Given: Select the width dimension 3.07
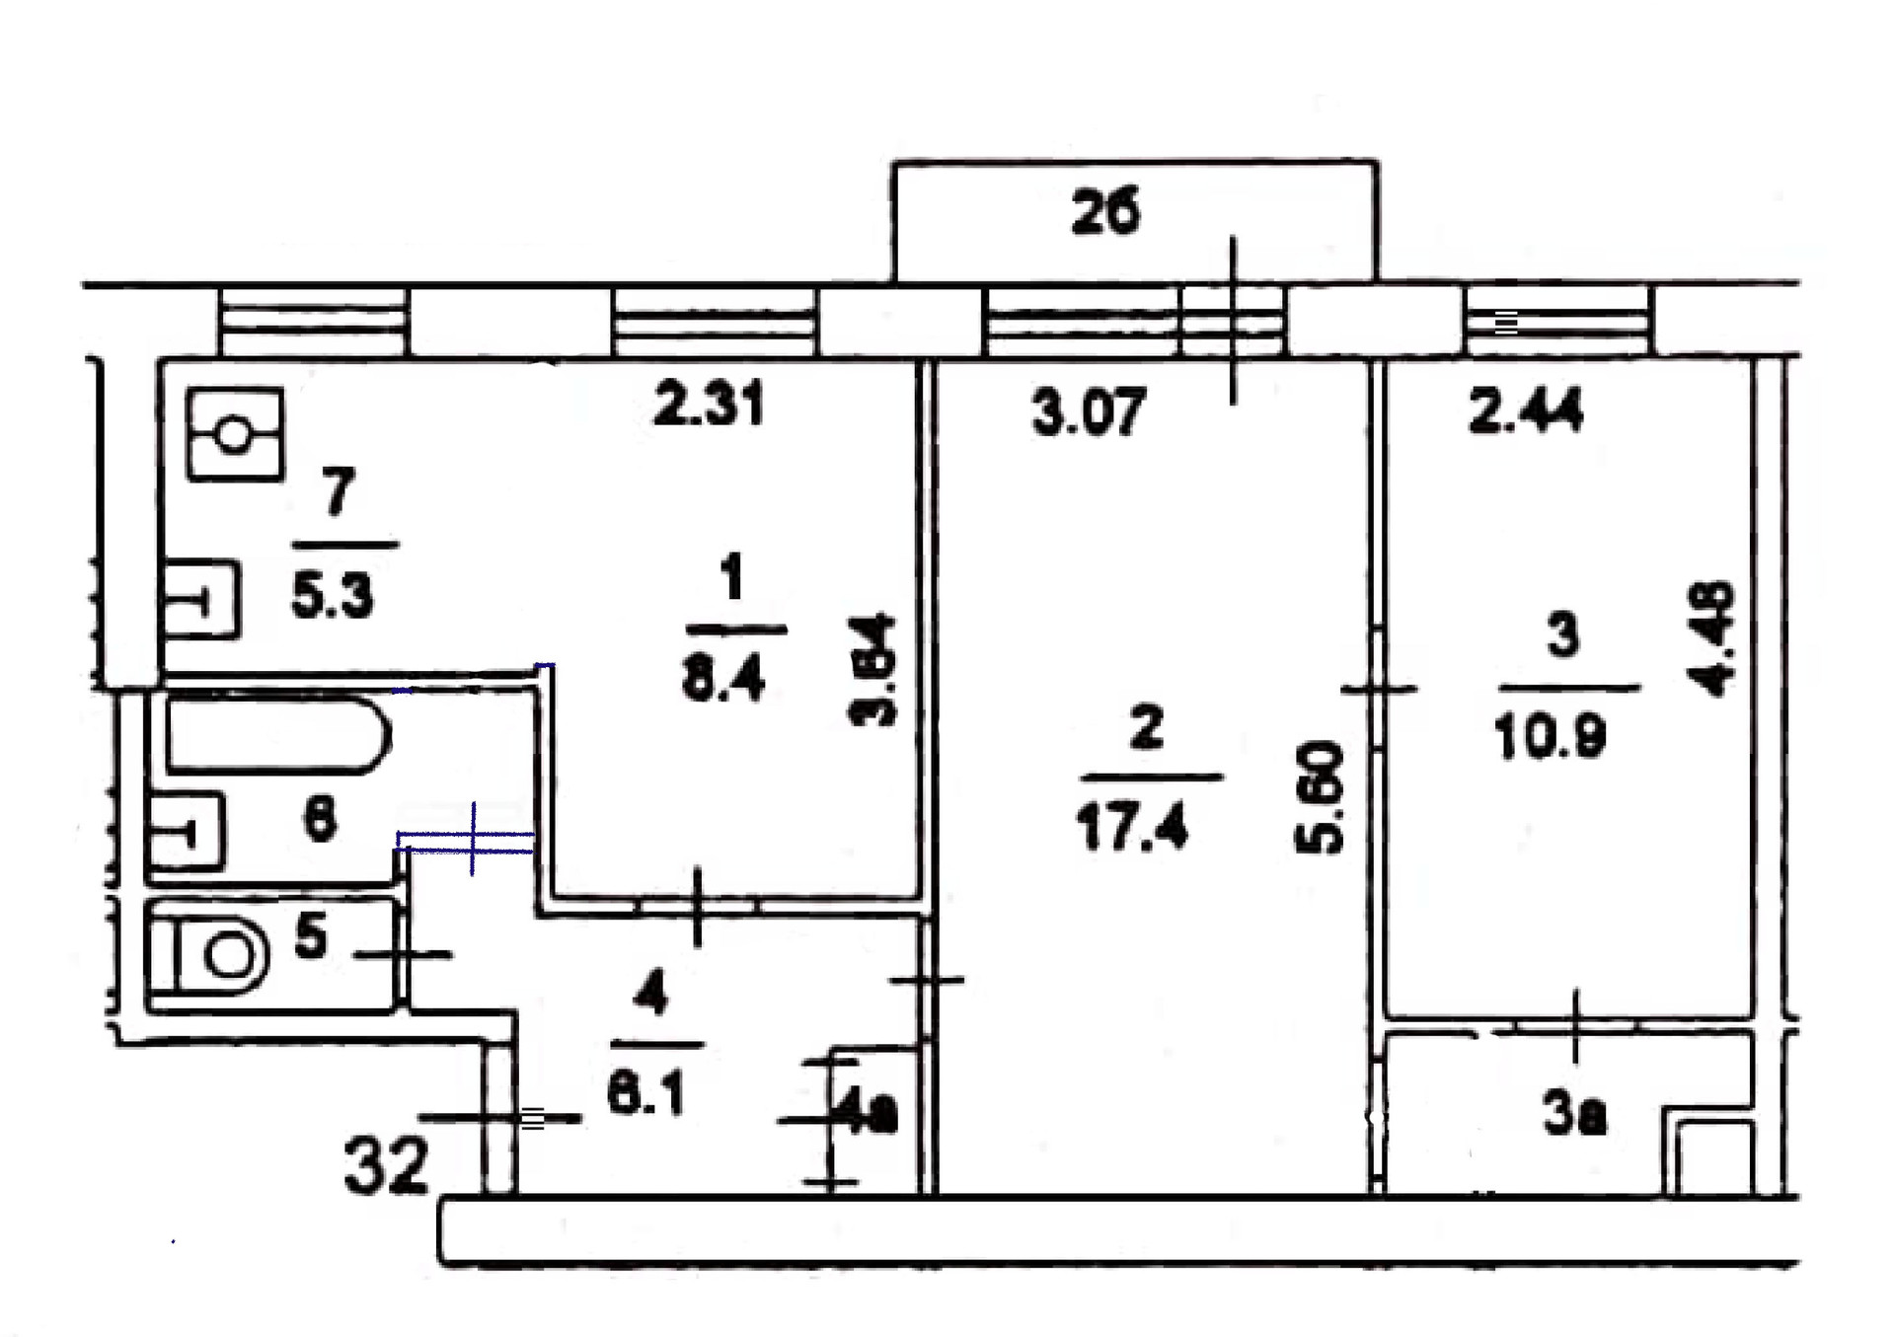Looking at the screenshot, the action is [x=1089, y=411].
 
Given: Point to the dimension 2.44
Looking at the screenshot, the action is [x=1526, y=410].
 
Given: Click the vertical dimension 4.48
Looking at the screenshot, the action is [x=1716, y=638].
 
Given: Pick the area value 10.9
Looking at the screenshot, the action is [x=1551, y=735].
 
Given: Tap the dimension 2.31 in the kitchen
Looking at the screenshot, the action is [x=709, y=406].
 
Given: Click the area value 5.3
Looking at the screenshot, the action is [x=332, y=596].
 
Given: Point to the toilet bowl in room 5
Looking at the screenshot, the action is [x=223, y=956].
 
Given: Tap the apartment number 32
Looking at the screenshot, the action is [x=386, y=1165].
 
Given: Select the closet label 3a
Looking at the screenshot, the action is [x=1574, y=1116].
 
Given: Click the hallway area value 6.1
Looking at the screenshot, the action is [x=645, y=1093].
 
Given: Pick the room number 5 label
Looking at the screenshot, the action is [x=311, y=933].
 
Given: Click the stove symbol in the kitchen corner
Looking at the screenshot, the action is [x=235, y=434].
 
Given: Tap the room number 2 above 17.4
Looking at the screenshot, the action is [x=1145, y=728].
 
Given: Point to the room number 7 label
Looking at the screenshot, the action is [x=338, y=490].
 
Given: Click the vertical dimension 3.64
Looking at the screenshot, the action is [x=873, y=670].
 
